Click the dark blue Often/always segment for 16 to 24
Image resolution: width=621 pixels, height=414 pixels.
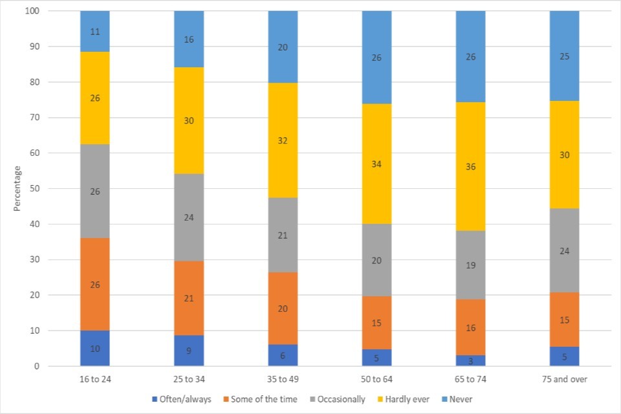pyautogui.click(x=94, y=348)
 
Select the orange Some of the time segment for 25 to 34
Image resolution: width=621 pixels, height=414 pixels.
pyautogui.click(x=188, y=298)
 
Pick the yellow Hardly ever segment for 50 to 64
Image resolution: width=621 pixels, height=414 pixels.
pyautogui.click(x=376, y=164)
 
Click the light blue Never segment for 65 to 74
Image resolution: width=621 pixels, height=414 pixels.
pyautogui.click(x=470, y=56)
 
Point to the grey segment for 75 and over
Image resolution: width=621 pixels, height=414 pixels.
pyautogui.click(x=564, y=250)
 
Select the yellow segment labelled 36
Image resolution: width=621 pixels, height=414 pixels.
pyautogui.click(x=470, y=166)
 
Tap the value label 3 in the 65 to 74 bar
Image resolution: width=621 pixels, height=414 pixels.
pyautogui.click(x=470, y=360)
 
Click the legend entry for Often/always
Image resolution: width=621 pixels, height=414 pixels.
pyautogui.click(x=181, y=399)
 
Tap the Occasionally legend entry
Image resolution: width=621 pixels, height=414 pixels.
pyautogui.click(x=340, y=399)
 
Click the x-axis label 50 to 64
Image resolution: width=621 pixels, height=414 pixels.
pyautogui.click(x=376, y=379)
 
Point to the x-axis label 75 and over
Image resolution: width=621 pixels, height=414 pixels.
pyautogui.click(x=564, y=379)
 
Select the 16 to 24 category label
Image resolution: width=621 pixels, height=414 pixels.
pyautogui.click(x=94, y=379)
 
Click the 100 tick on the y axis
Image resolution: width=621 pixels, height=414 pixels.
pyautogui.click(x=32, y=12)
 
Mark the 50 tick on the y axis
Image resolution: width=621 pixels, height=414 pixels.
pyautogui.click(x=34, y=189)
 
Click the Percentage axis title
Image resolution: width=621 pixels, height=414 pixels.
pyautogui.click(x=18, y=188)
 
